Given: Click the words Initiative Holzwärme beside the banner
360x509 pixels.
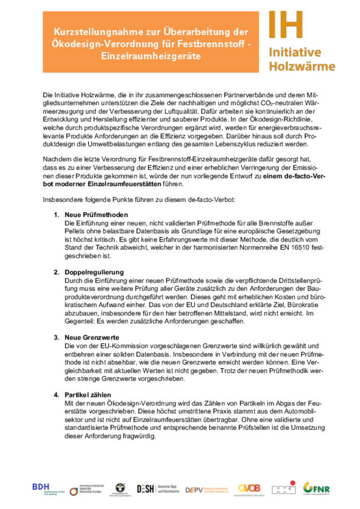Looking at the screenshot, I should [301, 59].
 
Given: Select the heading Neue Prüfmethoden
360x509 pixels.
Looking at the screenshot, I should [96, 215].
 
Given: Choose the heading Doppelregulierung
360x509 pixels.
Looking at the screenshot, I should [94, 273].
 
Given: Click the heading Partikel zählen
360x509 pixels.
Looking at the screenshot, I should [88, 394].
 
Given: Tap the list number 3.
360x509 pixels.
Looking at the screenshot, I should [56, 338].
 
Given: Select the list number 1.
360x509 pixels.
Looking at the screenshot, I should [56, 215].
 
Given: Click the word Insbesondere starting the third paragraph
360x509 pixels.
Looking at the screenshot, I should [61, 200].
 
